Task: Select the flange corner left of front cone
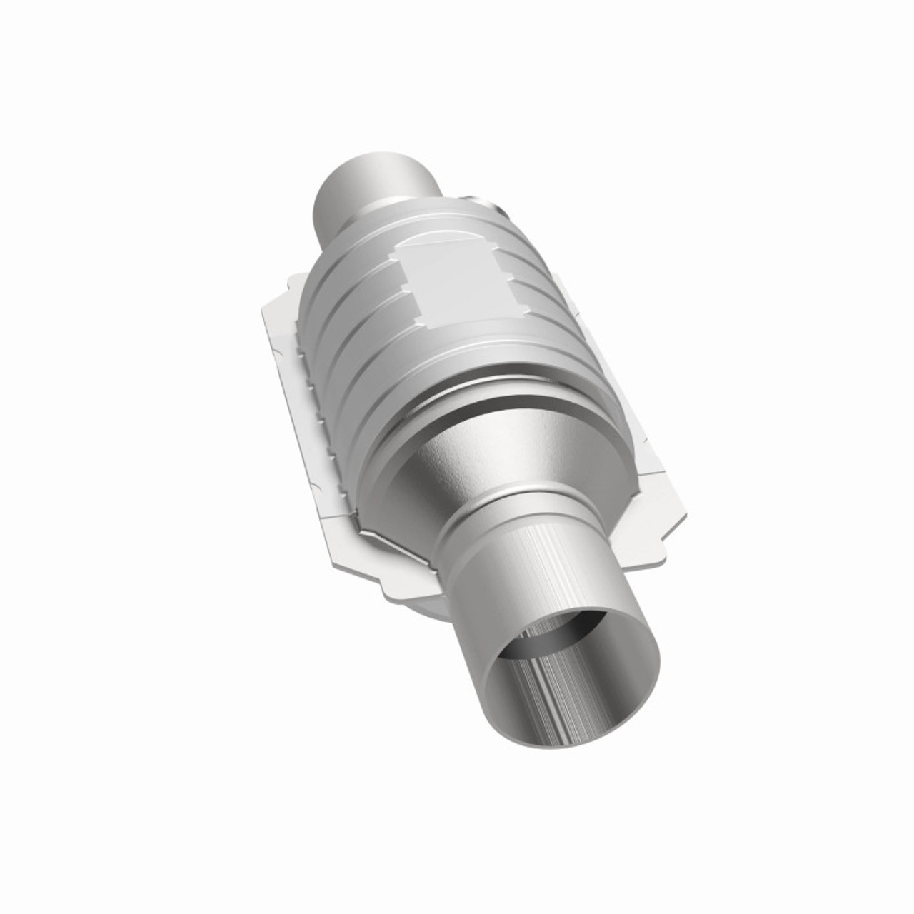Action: click(x=371, y=564)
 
